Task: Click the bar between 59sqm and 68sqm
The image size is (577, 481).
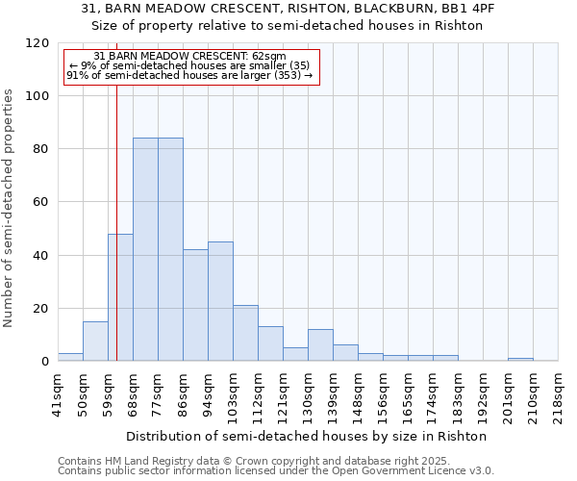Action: [x=120, y=297]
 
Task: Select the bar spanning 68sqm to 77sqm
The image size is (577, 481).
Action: [x=145, y=249]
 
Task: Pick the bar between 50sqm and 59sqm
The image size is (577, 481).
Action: [x=95, y=342]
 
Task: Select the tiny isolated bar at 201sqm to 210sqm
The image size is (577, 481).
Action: [x=520, y=360]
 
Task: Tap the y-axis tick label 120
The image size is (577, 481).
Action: [x=38, y=43]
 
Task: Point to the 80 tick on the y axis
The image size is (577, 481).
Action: [x=41, y=149]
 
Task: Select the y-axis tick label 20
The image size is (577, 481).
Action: [x=41, y=309]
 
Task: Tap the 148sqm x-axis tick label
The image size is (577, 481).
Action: [x=358, y=394]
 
